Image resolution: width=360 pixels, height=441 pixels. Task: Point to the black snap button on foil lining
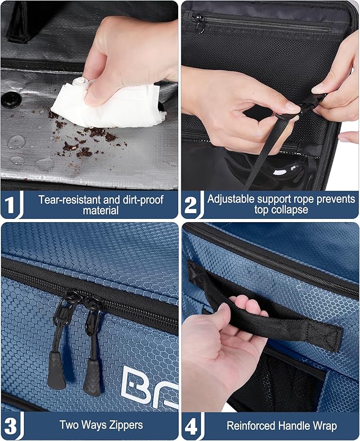pyautogui.click(x=10, y=99)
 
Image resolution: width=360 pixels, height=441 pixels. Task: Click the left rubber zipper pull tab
pyautogui.click(x=56, y=372)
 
